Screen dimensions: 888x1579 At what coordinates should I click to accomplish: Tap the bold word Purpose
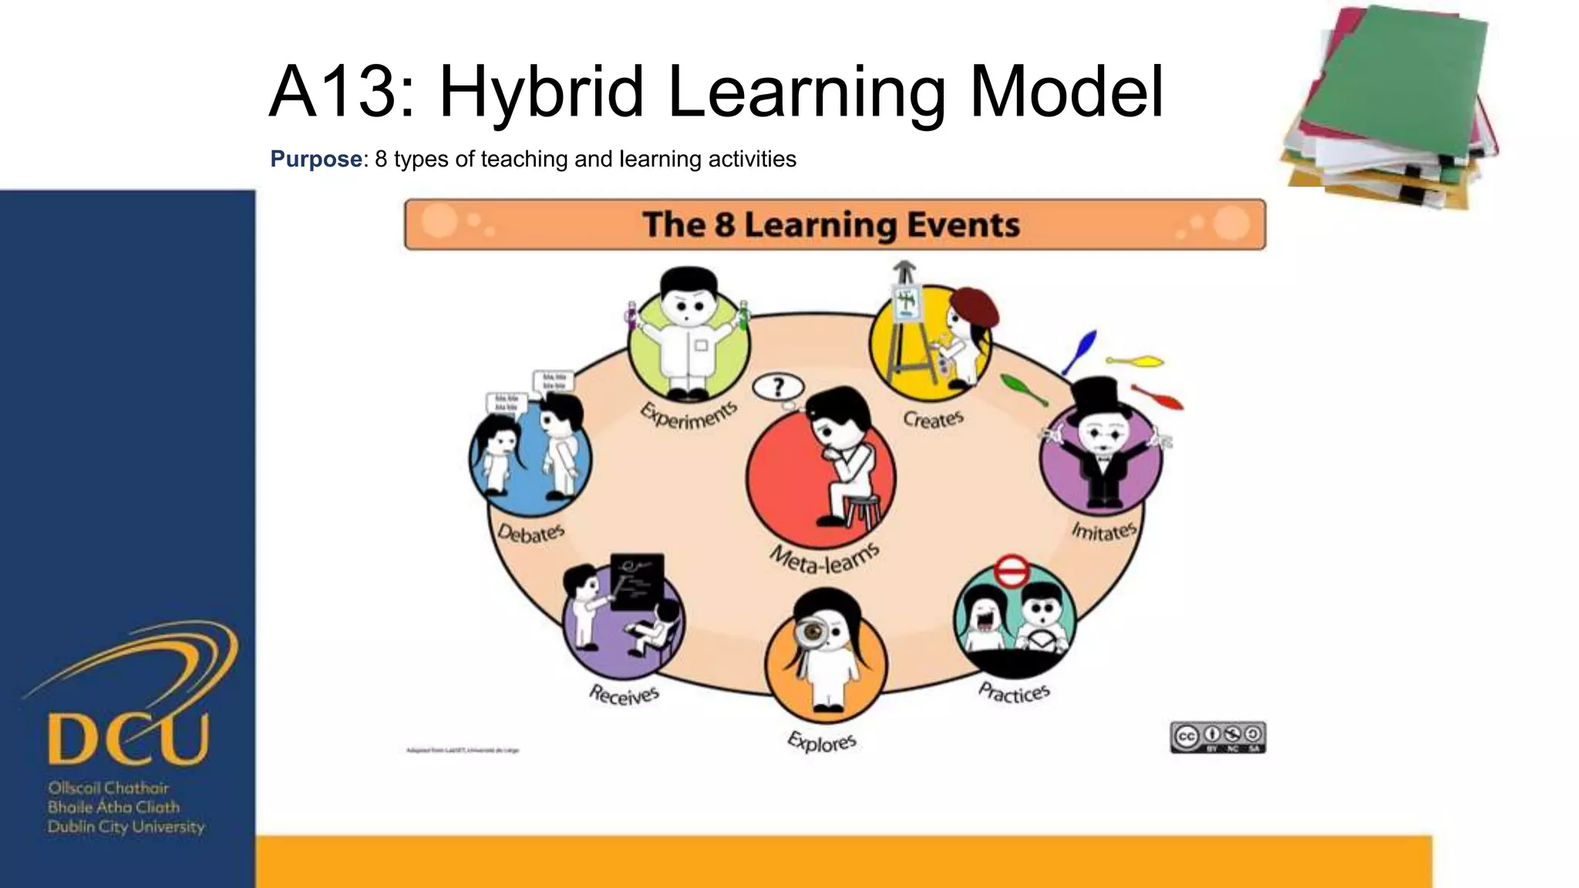tap(315, 160)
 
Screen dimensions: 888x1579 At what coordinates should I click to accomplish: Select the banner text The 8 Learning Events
tap(831, 225)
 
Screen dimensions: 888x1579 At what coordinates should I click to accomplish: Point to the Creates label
tap(933, 419)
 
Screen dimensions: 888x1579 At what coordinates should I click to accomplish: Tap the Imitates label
tap(1104, 530)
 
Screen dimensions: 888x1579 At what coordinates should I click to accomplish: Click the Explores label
tap(822, 742)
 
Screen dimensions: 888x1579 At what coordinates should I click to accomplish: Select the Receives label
tap(624, 695)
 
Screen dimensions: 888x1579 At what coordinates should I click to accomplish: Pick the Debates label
tap(530, 532)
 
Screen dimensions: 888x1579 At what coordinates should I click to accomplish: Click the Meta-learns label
tap(824, 558)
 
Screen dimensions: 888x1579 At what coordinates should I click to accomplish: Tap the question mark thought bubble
tap(778, 388)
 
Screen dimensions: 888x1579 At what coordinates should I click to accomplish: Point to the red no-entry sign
tap(1010, 573)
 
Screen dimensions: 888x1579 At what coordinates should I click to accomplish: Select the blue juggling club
tap(1080, 351)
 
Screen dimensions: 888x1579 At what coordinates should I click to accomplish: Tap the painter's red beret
tap(975, 307)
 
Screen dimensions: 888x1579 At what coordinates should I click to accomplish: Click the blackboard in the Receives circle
tap(637, 581)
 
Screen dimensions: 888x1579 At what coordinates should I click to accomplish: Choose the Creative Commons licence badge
tap(1217, 737)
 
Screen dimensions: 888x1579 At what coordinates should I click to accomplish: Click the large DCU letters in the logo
tap(128, 738)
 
